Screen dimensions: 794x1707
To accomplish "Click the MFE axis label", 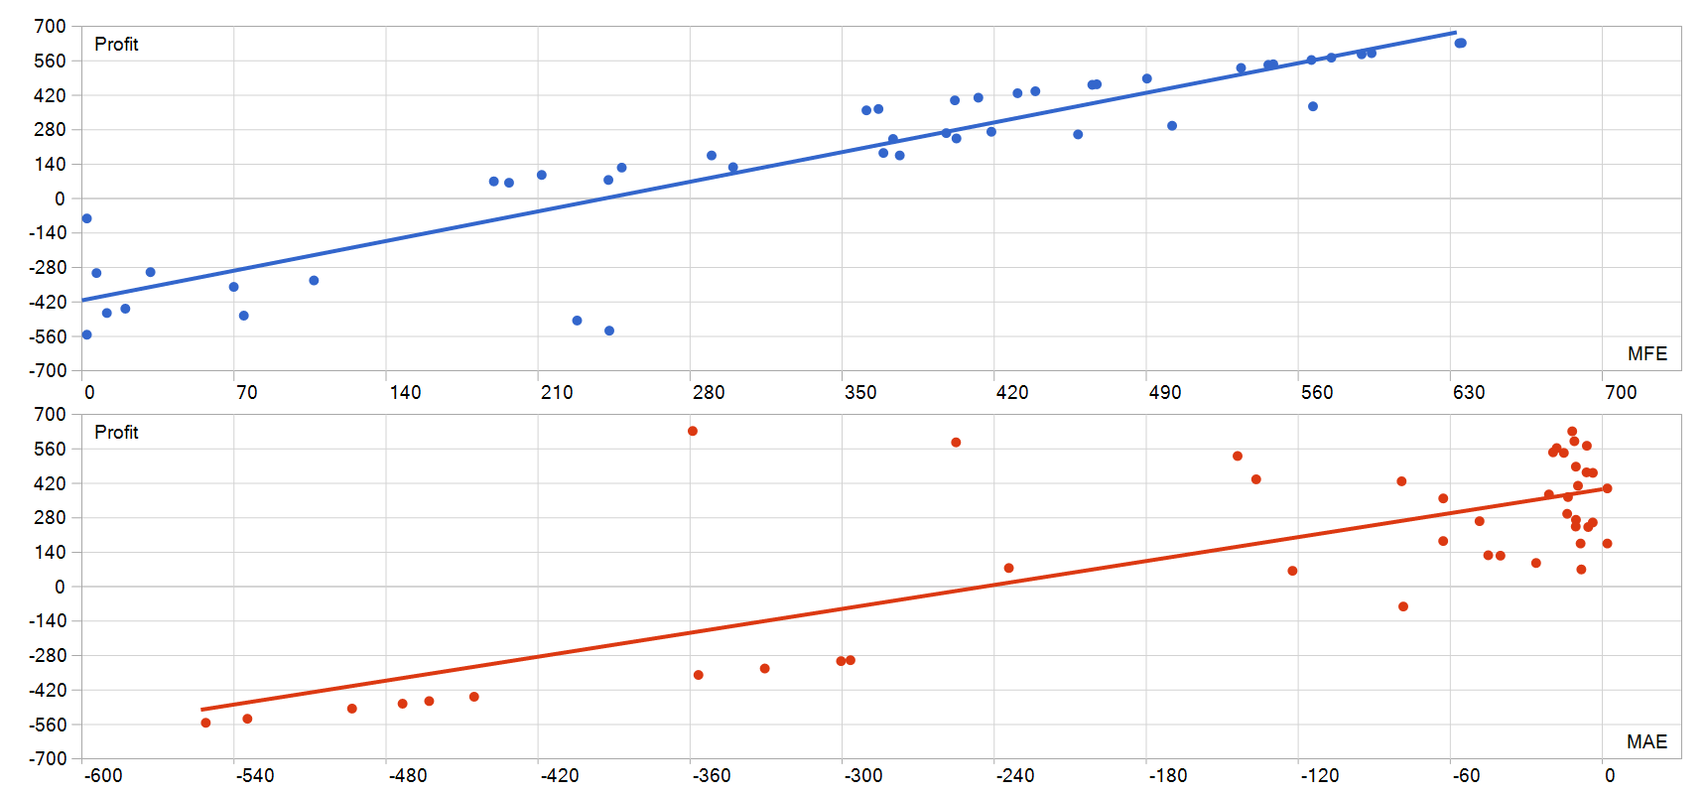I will coord(1646,353).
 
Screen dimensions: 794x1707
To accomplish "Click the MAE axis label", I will coord(1646,741).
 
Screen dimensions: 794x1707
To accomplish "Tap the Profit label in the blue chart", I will coord(116,45).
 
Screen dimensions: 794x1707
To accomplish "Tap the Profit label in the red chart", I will coord(116,433).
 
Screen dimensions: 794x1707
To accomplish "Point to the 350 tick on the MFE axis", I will coord(860,392).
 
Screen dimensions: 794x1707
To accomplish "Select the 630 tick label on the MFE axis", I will coord(1469,392).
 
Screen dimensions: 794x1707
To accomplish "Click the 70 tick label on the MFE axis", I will coord(247,392).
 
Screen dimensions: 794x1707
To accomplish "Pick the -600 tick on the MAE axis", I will coord(103,775).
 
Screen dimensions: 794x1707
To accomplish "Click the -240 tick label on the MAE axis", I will coord(1013,775).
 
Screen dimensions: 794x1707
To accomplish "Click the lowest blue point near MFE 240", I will coord(609,331).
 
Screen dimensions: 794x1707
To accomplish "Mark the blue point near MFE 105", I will coord(314,281).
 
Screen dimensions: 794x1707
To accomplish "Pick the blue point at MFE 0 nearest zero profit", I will coord(87,218).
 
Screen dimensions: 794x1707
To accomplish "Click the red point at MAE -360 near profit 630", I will coord(693,431).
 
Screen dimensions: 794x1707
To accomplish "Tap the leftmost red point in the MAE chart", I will coord(205,723).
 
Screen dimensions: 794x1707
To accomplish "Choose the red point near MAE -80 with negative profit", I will coord(1403,606).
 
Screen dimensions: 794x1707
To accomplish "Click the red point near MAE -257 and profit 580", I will coord(956,443).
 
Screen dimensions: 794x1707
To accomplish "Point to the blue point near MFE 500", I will coord(1172,126).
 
